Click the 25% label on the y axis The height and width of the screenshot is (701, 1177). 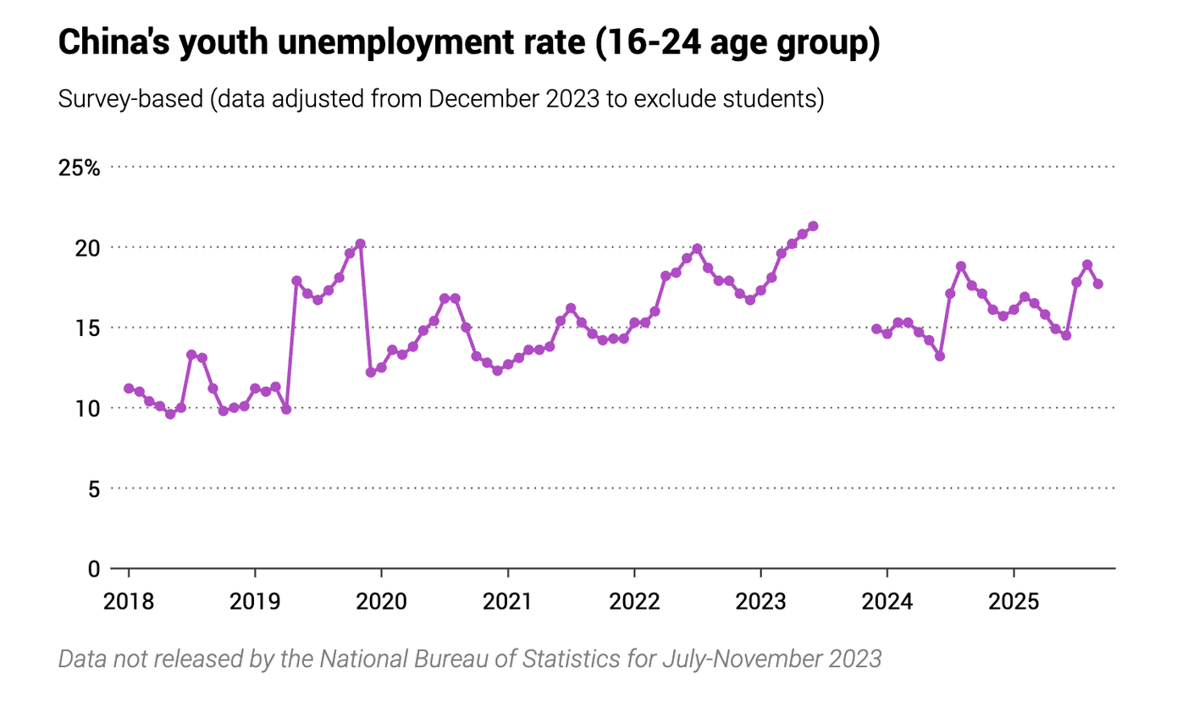pos(79,168)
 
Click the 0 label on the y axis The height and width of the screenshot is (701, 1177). pos(95,569)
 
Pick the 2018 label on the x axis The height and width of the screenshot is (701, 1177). pos(129,602)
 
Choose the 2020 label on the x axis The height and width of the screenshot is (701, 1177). pos(381,602)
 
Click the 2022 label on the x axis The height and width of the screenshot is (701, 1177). pos(634,602)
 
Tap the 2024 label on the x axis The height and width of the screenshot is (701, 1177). pos(887,602)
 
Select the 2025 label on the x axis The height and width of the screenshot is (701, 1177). pos(1014,602)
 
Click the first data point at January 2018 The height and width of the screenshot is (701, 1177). pos(129,389)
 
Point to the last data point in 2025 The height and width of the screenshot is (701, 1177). pos(1098,284)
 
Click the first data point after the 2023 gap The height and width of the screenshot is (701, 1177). pos(876,328)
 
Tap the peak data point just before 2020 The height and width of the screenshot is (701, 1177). pos(360,244)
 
